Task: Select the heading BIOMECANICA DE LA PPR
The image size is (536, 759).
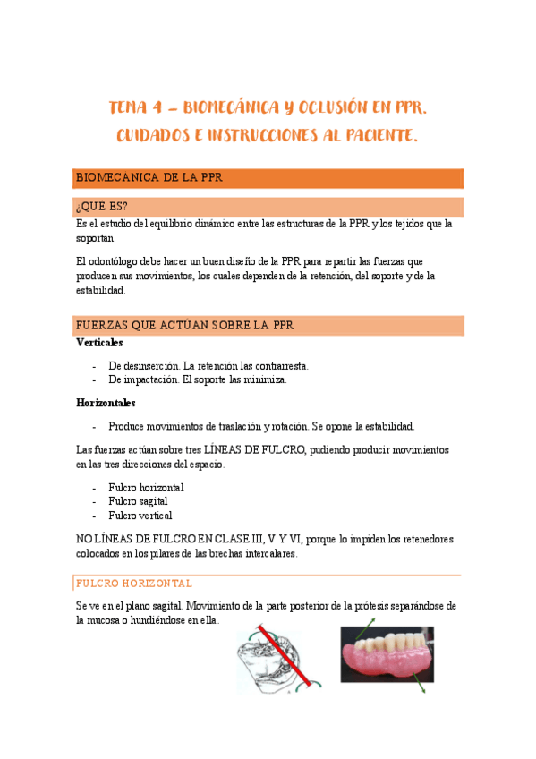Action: [x=149, y=178]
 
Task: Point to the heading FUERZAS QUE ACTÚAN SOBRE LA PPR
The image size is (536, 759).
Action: [x=185, y=325]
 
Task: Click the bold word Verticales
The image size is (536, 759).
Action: [x=99, y=343]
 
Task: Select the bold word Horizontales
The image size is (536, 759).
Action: [x=106, y=403]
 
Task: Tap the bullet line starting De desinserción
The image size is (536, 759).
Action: [x=208, y=366]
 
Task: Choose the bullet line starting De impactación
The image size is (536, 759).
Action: [x=197, y=379]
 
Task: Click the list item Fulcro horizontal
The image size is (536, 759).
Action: [x=146, y=488]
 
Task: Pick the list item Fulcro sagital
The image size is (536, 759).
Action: [x=140, y=501]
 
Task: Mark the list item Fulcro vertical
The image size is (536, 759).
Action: [x=140, y=516]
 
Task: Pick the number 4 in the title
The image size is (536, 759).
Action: [x=156, y=108]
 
